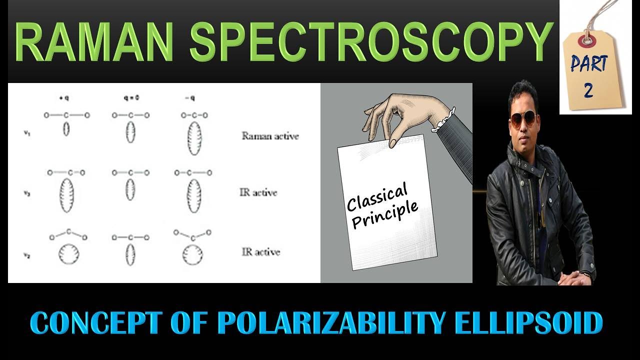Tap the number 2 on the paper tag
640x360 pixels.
588,90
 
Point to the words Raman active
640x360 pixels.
270,135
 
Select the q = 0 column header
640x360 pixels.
130,98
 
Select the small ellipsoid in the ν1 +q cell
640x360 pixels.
66,130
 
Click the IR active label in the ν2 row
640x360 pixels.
260,252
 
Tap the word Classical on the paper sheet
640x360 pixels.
377,196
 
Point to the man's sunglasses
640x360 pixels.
523,119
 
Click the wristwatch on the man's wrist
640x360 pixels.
587,274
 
